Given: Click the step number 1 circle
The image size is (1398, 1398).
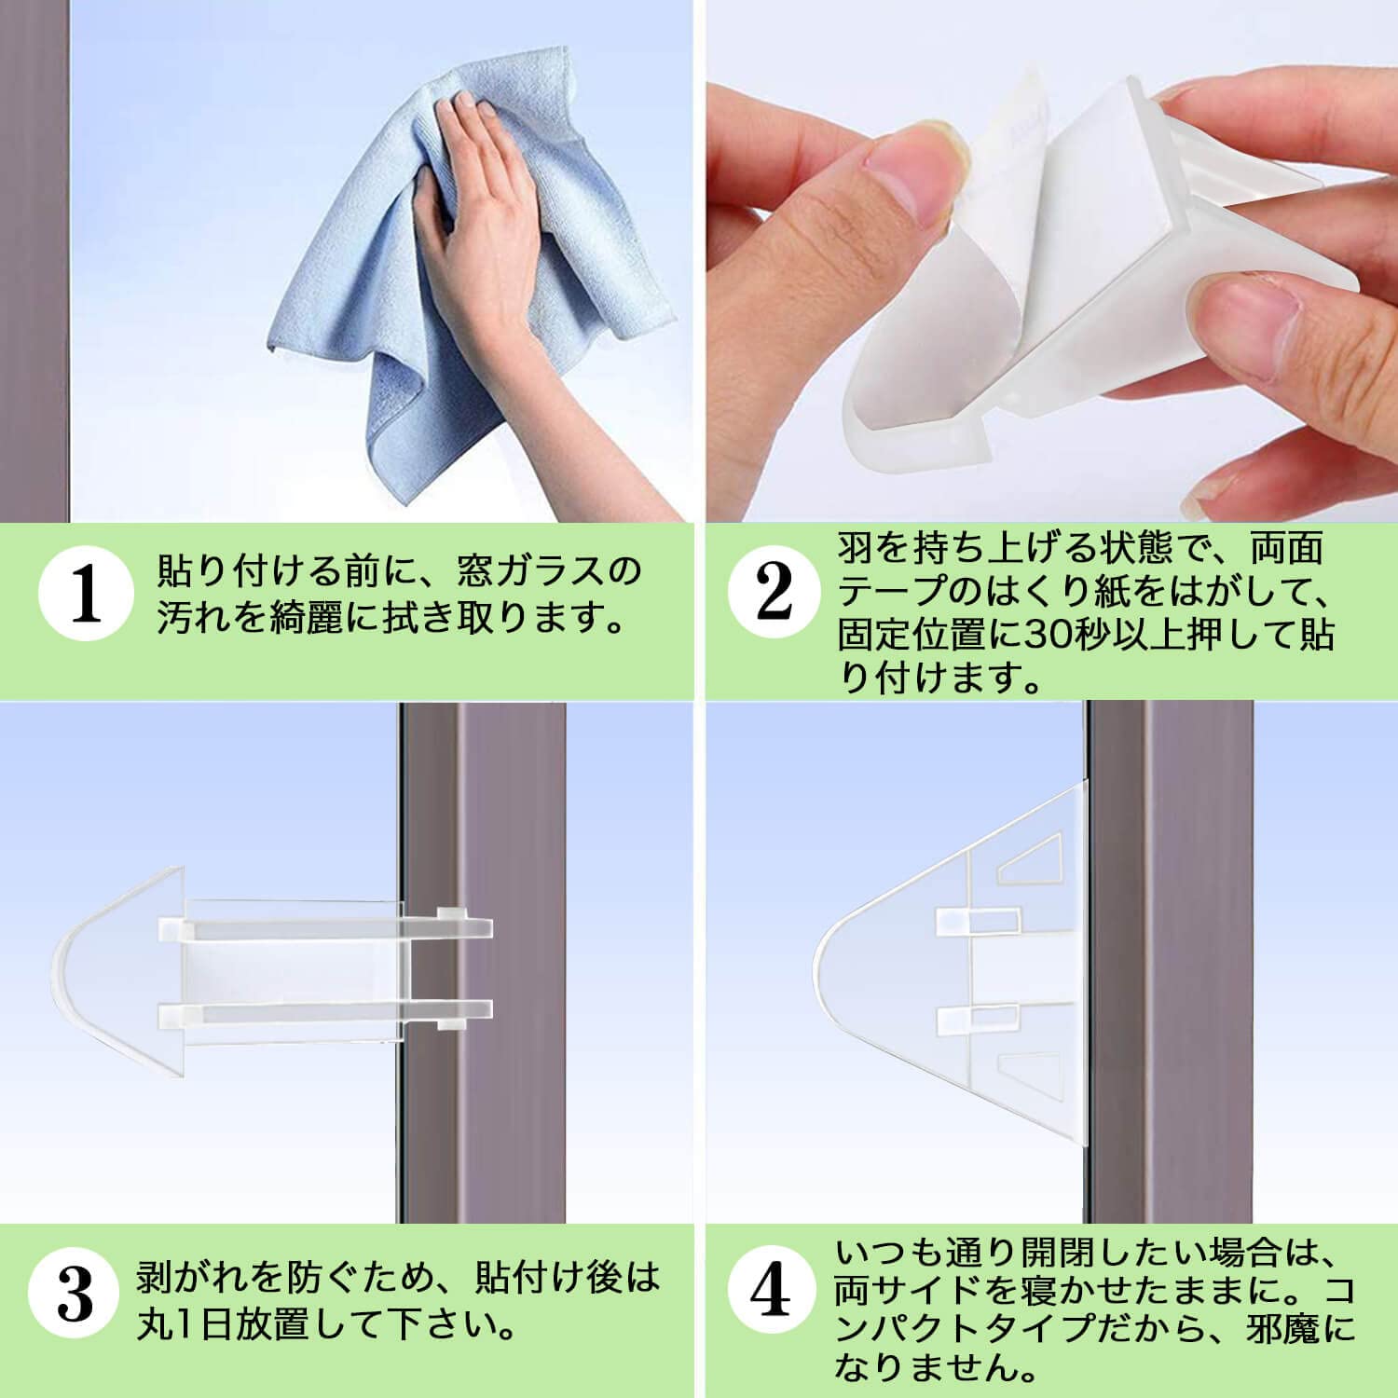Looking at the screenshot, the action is pyautogui.click(x=87, y=596).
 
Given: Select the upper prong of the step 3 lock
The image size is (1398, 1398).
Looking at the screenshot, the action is pyautogui.click(x=326, y=927).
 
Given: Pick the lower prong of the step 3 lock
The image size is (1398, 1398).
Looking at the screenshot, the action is pyautogui.click(x=326, y=1010).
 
